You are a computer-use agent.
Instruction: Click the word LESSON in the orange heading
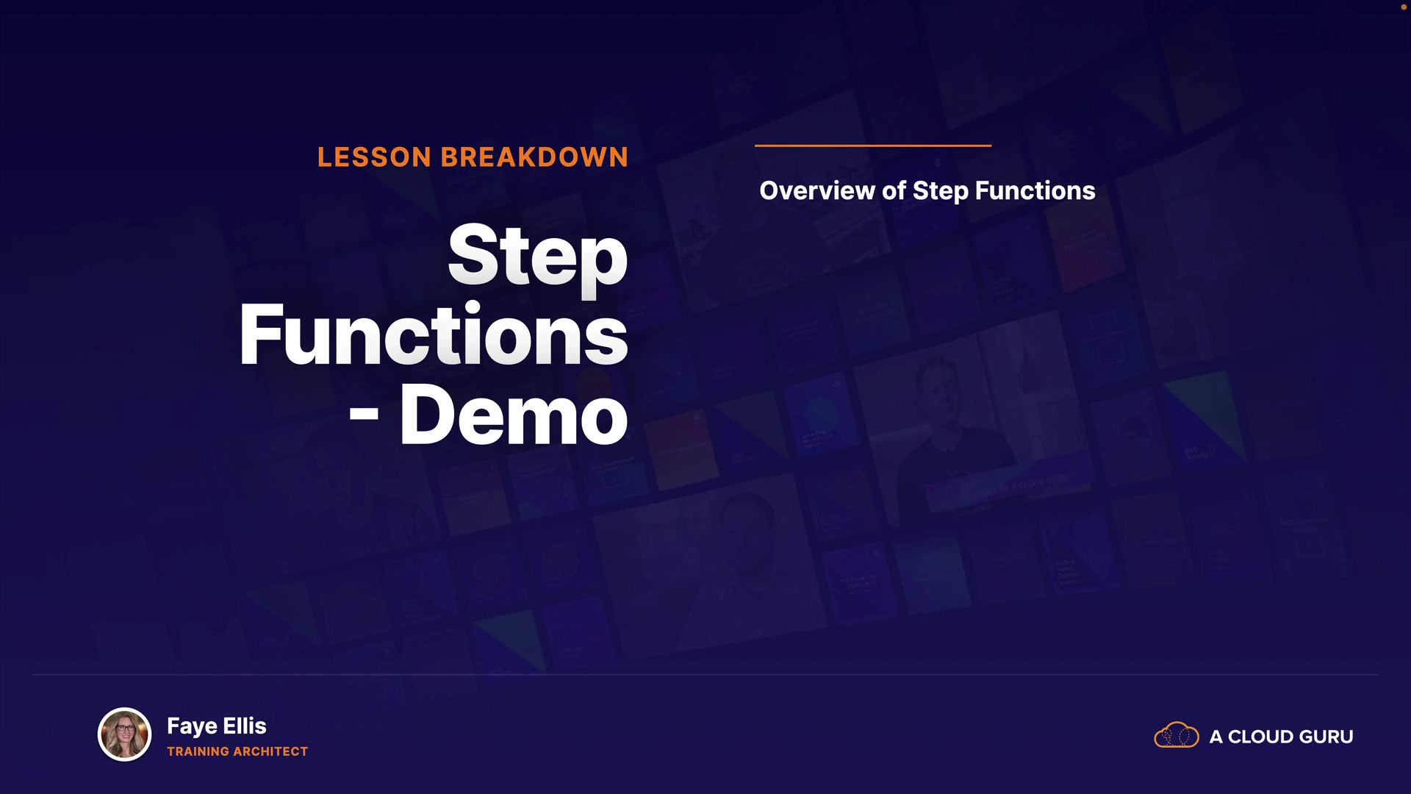[375, 157]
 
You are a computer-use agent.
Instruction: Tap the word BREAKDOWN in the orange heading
[534, 157]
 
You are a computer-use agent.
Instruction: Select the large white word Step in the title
[538, 257]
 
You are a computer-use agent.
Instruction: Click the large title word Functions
[434, 335]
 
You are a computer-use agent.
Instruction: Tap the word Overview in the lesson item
[817, 190]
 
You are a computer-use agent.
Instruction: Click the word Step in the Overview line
[941, 192]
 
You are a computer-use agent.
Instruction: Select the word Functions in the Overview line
[1035, 190]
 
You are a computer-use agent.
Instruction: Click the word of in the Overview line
[894, 190]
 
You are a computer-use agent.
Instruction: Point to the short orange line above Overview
[873, 146]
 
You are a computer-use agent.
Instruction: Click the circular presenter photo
[125, 734]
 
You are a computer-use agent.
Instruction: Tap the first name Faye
[192, 727]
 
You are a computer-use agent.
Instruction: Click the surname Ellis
[245, 726]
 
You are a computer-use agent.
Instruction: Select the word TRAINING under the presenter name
[198, 751]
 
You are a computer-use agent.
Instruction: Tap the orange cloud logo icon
[1177, 735]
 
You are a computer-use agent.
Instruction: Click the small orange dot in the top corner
[1404, 7]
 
